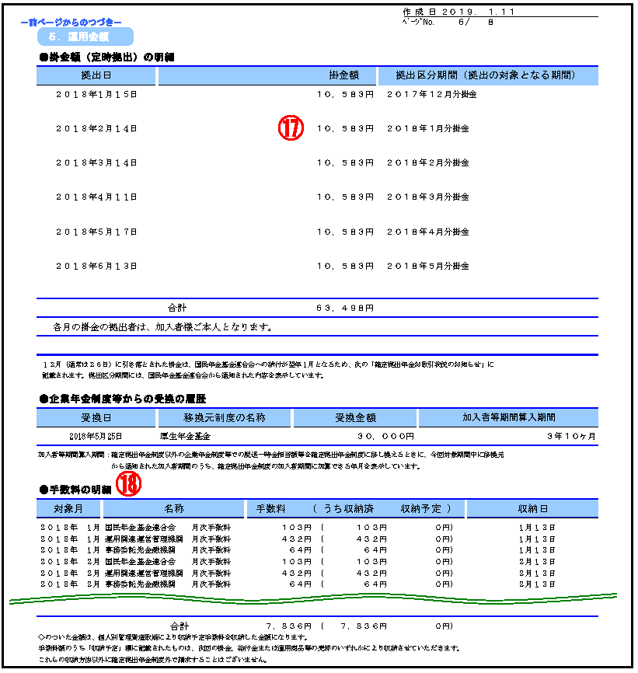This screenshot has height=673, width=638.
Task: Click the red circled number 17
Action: [x=291, y=128]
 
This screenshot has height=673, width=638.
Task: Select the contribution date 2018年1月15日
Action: [x=96, y=94]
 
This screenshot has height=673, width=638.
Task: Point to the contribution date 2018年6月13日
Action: [x=96, y=266]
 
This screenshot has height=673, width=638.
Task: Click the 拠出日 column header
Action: [x=96, y=75]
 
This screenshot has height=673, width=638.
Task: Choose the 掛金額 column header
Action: [x=343, y=75]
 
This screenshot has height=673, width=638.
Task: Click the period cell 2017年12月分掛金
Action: [x=431, y=94]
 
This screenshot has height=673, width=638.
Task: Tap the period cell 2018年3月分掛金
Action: [x=428, y=197]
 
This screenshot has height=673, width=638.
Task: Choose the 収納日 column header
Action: [x=533, y=508]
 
